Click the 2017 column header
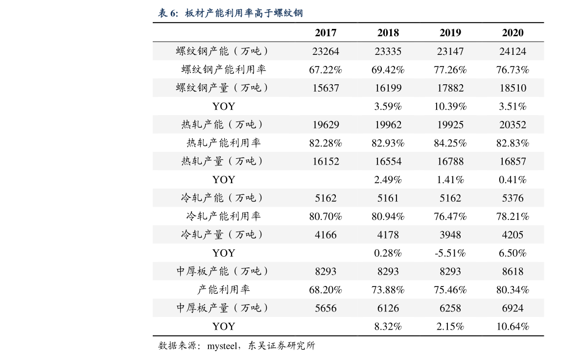click(x=326, y=33)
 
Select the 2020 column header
click(x=513, y=33)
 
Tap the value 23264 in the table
click(x=326, y=51)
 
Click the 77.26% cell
click(x=450, y=70)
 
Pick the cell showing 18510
click(x=513, y=88)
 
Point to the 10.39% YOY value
click(x=450, y=106)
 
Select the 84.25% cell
click(x=450, y=143)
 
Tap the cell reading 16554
click(x=388, y=161)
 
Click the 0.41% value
click(x=513, y=180)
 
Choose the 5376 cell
click(x=513, y=198)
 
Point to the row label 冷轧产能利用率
click(x=223, y=216)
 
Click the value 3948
click(x=450, y=235)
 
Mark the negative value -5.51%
click(x=450, y=253)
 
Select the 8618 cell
click(x=513, y=271)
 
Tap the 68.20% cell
click(x=326, y=289)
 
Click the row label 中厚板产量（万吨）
click(x=222, y=308)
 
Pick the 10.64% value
click(x=513, y=326)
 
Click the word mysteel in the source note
click(x=222, y=346)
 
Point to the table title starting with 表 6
click(x=231, y=13)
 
